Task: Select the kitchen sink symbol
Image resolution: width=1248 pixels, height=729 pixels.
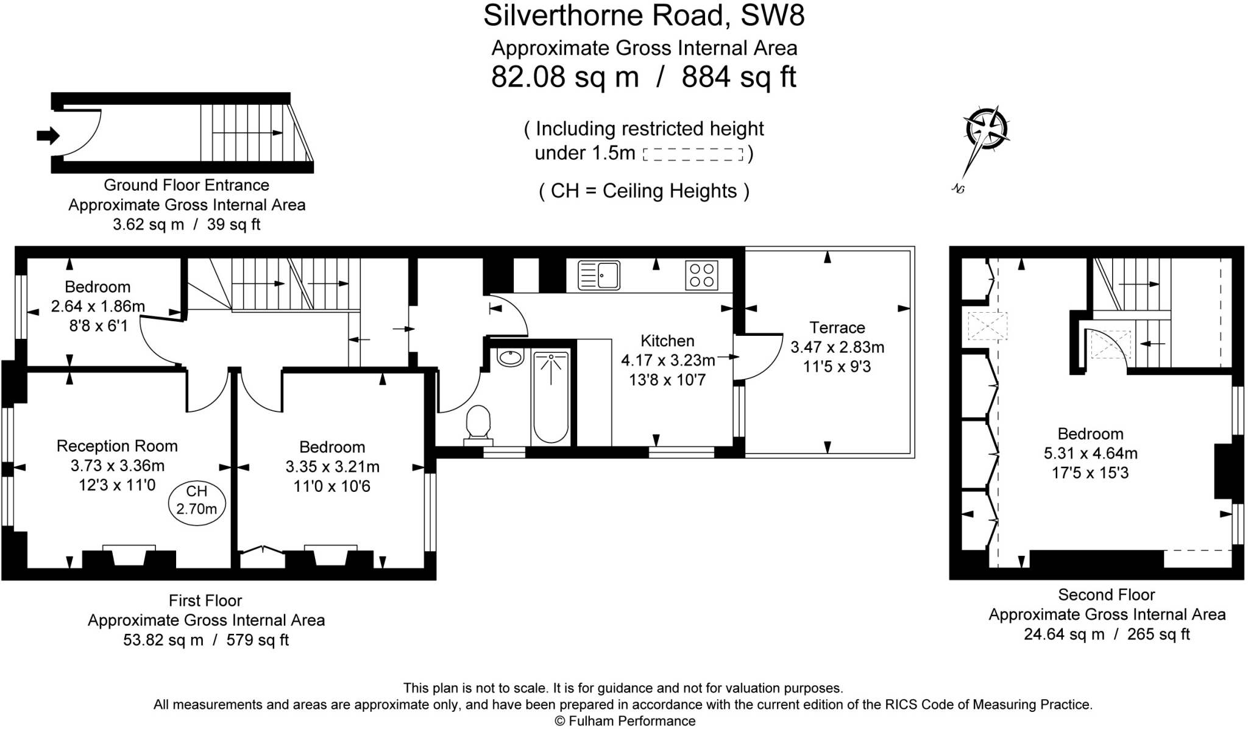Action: click(x=599, y=275)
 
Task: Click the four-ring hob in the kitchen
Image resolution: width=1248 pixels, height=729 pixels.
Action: click(x=701, y=275)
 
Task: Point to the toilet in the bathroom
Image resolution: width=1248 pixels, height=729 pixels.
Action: click(x=478, y=422)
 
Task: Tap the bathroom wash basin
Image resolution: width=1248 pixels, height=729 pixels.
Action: click(x=510, y=357)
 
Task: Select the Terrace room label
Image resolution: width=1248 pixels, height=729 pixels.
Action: click(x=837, y=328)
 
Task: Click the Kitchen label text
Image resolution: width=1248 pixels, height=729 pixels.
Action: click(x=667, y=341)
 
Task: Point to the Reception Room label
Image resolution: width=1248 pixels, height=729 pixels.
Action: click(x=117, y=446)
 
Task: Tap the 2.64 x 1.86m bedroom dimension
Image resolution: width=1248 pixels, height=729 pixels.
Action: click(x=97, y=307)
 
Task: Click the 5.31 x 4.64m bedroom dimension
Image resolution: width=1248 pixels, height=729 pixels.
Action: click(x=1090, y=453)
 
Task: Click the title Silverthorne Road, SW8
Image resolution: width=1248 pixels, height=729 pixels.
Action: click(x=643, y=16)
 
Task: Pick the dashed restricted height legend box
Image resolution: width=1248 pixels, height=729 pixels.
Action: click(x=693, y=154)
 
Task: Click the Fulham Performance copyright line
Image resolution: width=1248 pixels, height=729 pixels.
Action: click(x=625, y=721)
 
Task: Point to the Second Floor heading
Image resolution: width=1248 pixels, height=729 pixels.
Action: click(x=1106, y=595)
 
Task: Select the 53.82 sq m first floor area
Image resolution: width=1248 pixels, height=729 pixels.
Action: click(x=163, y=640)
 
